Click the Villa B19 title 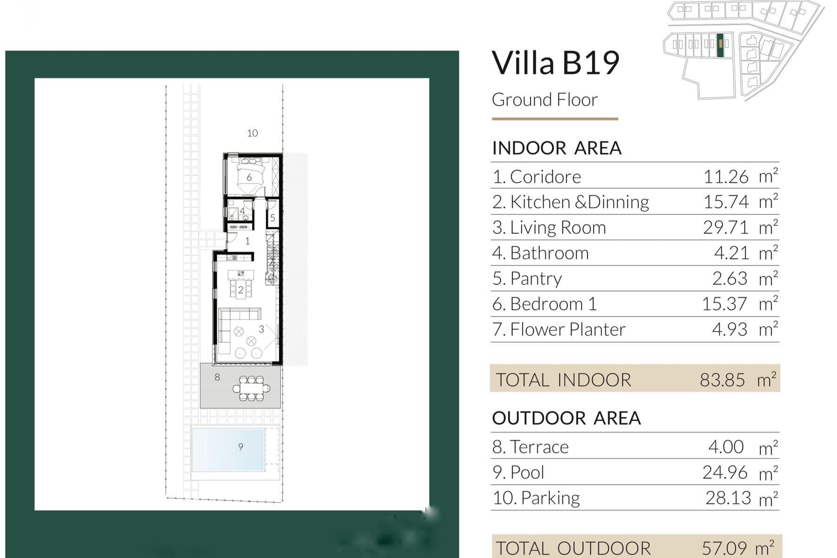coord(556,63)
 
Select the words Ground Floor coord(545,100)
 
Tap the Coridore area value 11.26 coord(726,177)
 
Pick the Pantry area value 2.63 coord(730,279)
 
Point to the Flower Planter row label coord(559,329)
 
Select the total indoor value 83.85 coord(722,380)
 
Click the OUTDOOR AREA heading coord(566,418)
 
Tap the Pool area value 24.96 coord(725,472)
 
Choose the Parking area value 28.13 coord(728,498)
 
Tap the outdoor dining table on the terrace coord(251,388)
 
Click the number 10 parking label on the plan coord(252,133)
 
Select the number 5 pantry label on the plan coord(272,218)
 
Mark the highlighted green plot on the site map coord(720,45)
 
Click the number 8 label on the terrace coord(217,377)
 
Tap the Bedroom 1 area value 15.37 coord(724,304)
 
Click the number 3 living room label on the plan coord(261,329)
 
